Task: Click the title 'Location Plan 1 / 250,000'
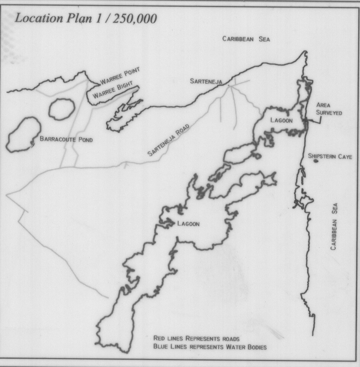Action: [86, 19]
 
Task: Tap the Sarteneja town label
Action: [205, 81]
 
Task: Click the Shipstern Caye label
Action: [330, 156]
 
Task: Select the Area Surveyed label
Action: [329, 109]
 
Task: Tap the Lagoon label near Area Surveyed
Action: [281, 120]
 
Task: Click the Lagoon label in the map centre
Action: [188, 224]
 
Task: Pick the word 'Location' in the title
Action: [37, 19]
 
